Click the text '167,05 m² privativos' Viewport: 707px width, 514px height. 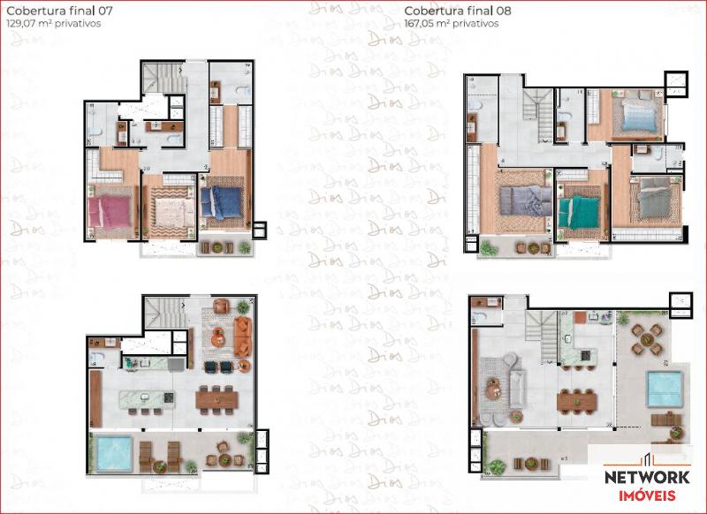451,25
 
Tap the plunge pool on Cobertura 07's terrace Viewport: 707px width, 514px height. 112,452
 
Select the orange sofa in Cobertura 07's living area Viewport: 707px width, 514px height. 245,336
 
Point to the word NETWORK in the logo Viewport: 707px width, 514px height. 647,478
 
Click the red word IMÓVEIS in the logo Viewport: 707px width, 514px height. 647,496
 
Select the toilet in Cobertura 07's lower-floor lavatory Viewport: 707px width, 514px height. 99,358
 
